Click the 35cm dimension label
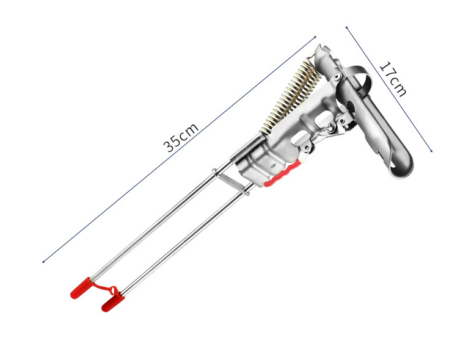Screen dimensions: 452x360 [x=181, y=138]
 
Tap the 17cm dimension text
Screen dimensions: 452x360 [x=393, y=79]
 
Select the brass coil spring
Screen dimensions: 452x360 [x=291, y=98]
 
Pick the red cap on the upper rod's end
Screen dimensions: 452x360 [x=81, y=288]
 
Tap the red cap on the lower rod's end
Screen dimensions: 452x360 [x=113, y=302]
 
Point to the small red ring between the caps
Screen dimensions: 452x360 [x=114, y=290]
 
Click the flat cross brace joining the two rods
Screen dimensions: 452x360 [x=231, y=182]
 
